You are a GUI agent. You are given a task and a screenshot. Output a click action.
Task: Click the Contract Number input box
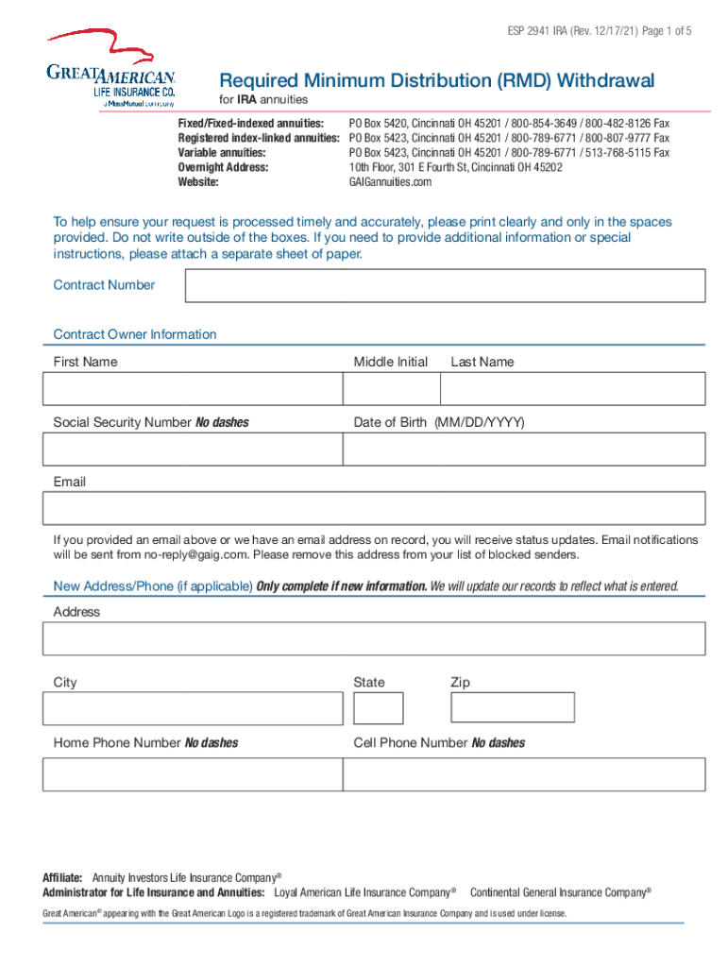tap(445, 286)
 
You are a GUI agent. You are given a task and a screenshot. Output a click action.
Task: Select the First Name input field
tap(193, 389)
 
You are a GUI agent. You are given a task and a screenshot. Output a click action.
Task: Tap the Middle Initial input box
tap(391, 389)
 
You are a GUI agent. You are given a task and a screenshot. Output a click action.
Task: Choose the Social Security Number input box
tap(193, 450)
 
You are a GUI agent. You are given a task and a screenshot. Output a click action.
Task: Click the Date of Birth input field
tap(523, 450)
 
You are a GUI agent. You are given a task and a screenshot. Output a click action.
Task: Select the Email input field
tap(374, 509)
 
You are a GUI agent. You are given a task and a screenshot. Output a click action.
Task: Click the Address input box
tap(374, 638)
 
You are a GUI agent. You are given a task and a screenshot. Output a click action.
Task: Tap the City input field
tap(193, 708)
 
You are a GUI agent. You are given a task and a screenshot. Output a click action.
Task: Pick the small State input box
tap(379, 708)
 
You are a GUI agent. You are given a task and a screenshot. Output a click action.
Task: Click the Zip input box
tap(512, 707)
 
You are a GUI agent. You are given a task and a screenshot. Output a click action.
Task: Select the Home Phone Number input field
tap(193, 773)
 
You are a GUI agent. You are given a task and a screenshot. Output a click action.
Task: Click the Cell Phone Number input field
tap(523, 773)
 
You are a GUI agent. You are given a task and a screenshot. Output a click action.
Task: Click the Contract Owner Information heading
tap(135, 334)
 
